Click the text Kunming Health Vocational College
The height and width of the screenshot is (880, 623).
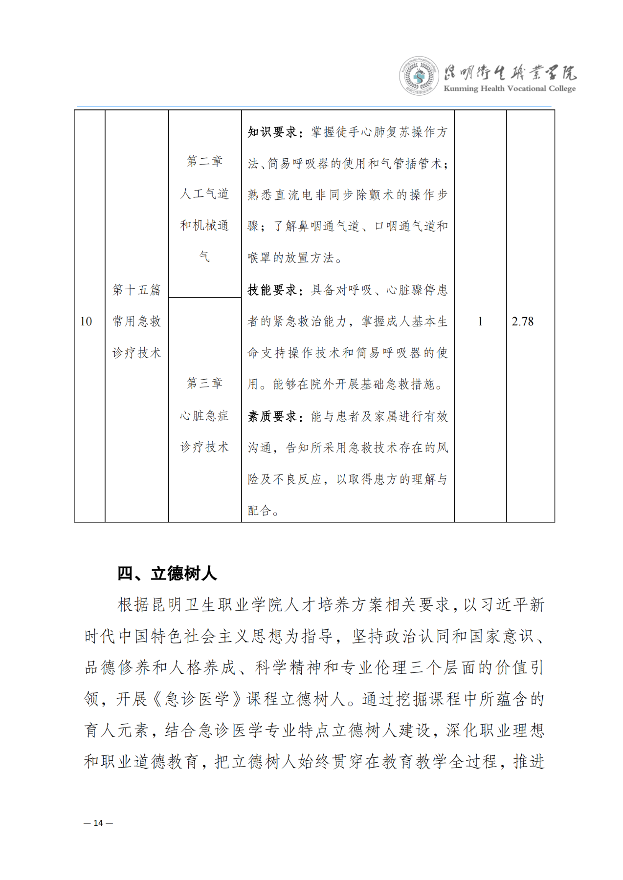point(509,89)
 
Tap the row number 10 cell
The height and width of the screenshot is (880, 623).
point(86,322)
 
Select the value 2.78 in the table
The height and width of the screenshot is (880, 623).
point(522,322)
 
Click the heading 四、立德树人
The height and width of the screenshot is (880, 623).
point(167,573)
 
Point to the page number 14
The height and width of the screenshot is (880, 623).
point(98,823)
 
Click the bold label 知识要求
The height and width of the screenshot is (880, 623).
point(272,132)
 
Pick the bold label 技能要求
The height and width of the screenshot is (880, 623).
point(272,290)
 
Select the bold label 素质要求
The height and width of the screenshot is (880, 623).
point(272,416)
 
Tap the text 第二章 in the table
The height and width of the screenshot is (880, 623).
point(204,161)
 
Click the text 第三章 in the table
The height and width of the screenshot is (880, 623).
point(204,383)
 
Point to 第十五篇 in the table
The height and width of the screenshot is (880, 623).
point(136,290)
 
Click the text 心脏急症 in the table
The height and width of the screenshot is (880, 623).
point(204,415)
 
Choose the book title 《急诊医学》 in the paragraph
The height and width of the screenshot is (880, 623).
point(197,699)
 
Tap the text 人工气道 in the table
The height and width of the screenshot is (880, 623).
point(204,193)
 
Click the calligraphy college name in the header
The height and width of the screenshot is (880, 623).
point(510,73)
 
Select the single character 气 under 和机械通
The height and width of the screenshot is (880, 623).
point(204,256)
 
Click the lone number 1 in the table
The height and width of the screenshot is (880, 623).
point(480,322)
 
